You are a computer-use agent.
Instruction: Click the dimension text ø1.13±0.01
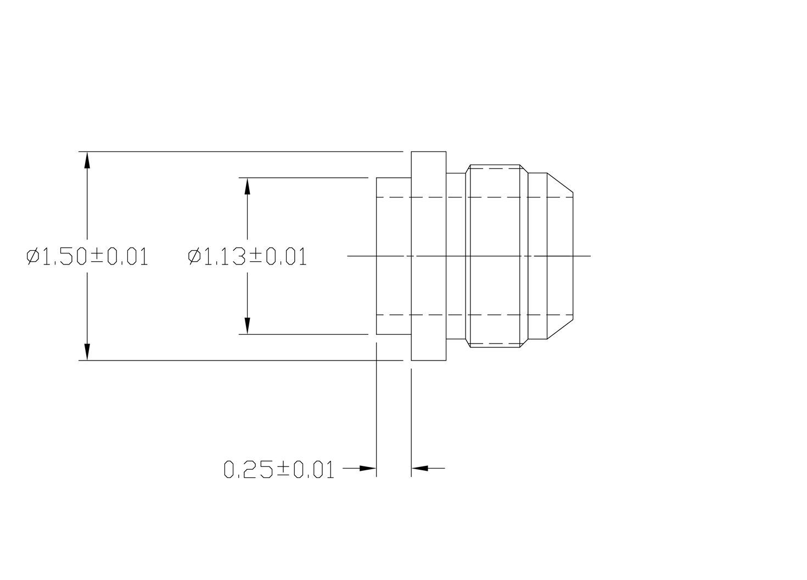point(247,256)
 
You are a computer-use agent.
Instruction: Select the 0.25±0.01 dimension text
point(279,470)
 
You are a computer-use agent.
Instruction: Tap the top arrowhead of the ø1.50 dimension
point(87,160)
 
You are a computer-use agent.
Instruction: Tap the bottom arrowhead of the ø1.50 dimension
point(87,351)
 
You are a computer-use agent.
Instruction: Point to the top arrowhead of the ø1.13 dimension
point(248,187)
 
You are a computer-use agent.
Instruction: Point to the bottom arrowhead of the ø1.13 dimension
point(248,325)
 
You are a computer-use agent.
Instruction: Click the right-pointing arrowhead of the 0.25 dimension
point(367,468)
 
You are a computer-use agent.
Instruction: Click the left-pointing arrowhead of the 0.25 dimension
point(420,468)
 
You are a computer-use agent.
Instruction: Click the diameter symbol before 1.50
point(33,256)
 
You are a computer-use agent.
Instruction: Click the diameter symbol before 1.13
point(194,256)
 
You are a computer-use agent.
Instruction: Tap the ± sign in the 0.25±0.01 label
point(283,470)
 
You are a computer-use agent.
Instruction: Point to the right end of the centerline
point(590,256)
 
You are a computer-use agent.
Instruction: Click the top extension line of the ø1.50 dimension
point(242,151)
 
